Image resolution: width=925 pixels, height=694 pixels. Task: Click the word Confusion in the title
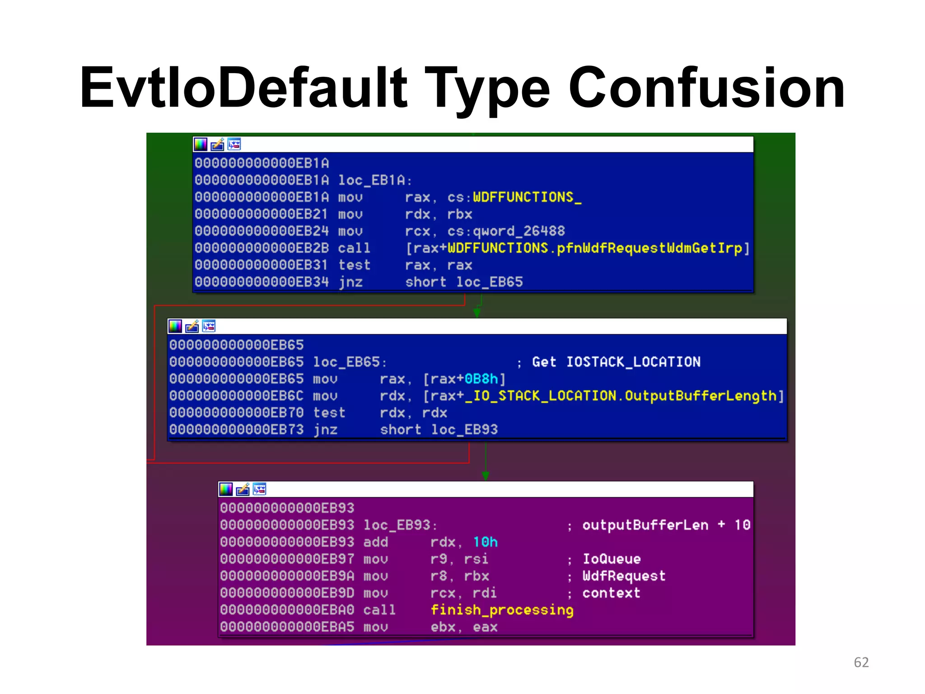pyautogui.click(x=706, y=88)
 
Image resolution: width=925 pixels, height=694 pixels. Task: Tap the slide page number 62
pyautogui.click(x=861, y=662)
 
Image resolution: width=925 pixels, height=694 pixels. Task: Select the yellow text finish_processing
pyautogui.click(x=502, y=610)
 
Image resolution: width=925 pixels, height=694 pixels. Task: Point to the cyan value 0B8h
pyautogui.click(x=481, y=379)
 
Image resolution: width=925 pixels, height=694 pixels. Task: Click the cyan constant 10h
pyautogui.click(x=485, y=542)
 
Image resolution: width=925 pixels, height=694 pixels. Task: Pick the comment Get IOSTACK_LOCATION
pyautogui.click(x=616, y=362)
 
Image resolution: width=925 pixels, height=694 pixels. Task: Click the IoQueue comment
pyautogui.click(x=612, y=559)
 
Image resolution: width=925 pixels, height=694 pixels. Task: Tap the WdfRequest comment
pyautogui.click(x=624, y=576)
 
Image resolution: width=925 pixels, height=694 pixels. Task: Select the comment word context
pyautogui.click(x=611, y=593)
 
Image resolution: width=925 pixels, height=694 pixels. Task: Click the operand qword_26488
pyautogui.click(x=519, y=231)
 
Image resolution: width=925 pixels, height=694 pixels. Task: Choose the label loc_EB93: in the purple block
pyautogui.click(x=400, y=525)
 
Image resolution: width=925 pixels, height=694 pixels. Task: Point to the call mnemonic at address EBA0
pyautogui.click(x=379, y=610)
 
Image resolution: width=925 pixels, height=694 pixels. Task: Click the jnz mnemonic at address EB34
pyautogui.click(x=350, y=282)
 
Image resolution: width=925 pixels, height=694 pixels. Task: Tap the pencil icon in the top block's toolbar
pyautogui.click(x=217, y=144)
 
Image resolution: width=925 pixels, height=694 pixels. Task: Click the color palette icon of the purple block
pyautogui.click(x=226, y=489)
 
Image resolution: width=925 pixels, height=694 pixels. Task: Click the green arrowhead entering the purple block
pyautogui.click(x=486, y=476)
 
